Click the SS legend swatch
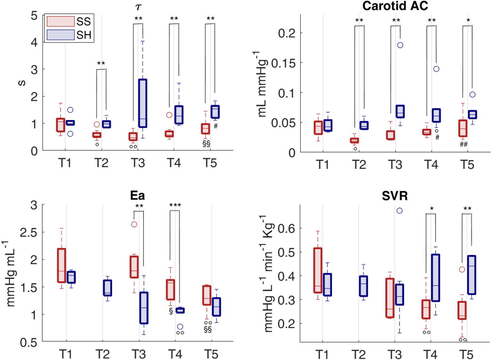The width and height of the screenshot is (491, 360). tap(60, 21)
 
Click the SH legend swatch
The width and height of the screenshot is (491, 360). tap(60, 35)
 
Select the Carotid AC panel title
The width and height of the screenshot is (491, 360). tap(395, 6)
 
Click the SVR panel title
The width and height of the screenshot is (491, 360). tap(395, 196)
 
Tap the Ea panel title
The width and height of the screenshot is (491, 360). tap(137, 195)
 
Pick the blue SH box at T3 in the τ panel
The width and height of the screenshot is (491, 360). tap(142, 103)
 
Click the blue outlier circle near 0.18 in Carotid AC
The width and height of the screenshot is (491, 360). tap(400, 45)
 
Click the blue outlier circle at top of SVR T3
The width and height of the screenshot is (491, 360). tap(399, 210)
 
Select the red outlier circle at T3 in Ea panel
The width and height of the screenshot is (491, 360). tap(134, 224)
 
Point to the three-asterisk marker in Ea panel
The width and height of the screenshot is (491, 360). tap(175, 205)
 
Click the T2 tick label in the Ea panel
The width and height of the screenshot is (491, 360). tap(102, 354)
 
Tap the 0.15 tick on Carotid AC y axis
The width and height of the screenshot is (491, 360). tap(284, 63)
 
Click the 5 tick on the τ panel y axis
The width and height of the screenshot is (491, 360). tap(34, 15)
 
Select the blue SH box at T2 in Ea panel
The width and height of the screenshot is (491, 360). tap(108, 288)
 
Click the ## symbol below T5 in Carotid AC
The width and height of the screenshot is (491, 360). tap(463, 144)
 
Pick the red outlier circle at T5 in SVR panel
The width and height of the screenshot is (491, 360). tap(462, 269)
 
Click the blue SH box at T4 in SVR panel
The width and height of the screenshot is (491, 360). tap(435, 278)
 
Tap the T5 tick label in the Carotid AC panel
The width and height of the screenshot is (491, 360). tap(467, 165)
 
